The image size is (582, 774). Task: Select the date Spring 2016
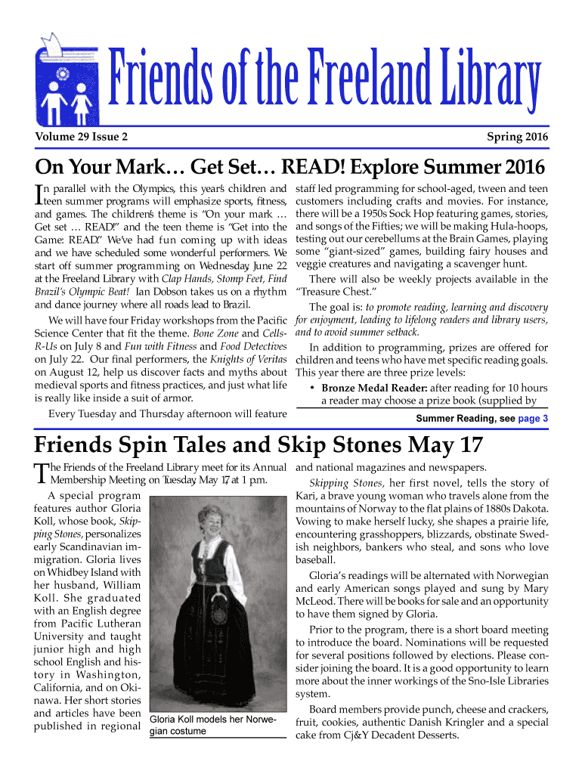pyautogui.click(x=518, y=137)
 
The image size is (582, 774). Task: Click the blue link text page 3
pyautogui.click(x=534, y=418)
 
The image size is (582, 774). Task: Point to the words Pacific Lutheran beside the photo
pyautogui.click(x=88, y=624)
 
